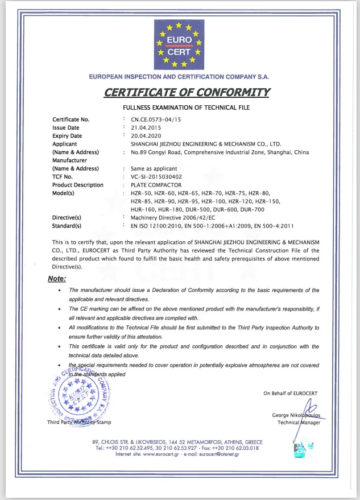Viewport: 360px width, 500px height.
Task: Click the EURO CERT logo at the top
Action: coord(180,45)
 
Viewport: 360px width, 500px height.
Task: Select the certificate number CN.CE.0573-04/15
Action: coord(155,119)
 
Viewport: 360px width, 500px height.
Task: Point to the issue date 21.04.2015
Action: coord(146,128)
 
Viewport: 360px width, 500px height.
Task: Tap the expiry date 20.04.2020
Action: coord(146,136)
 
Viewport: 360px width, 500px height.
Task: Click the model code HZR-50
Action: coord(142,193)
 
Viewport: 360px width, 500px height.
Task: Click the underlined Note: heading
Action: coord(57,279)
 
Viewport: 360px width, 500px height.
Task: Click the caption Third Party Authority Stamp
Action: coord(79,422)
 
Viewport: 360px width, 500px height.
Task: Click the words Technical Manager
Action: coord(299,423)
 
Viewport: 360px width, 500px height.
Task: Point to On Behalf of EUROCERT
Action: coord(290,394)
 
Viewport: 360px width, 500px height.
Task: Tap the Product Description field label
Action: coord(78,185)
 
